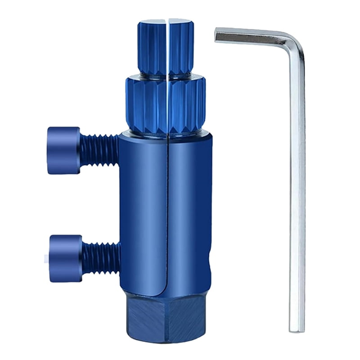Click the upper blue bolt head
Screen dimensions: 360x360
point(63,150)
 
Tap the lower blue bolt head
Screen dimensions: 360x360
point(65,258)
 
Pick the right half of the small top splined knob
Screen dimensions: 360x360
point(181,48)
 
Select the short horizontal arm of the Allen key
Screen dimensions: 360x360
point(252,37)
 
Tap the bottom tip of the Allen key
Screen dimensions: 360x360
point(297,329)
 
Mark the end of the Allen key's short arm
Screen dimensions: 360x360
point(217,35)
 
